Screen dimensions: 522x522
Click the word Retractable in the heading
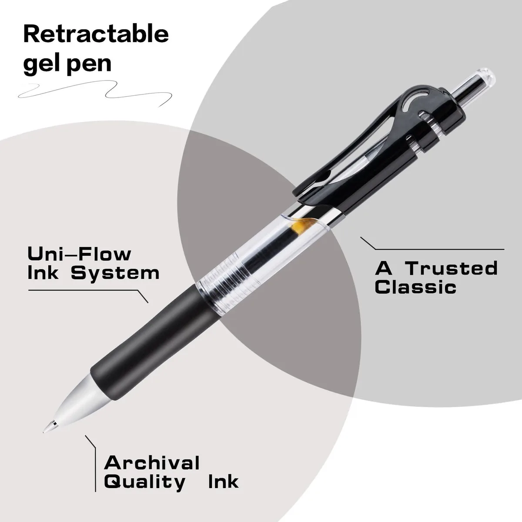point(96,34)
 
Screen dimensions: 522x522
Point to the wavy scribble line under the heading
point(95,93)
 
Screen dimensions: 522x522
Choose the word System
point(115,273)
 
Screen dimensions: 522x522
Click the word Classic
point(415,287)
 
